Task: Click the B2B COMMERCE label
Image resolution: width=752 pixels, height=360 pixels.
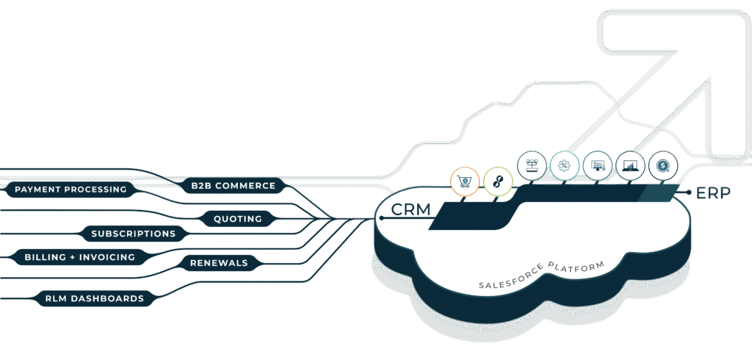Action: click(233, 186)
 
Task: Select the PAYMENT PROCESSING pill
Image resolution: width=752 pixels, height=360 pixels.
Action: click(70, 190)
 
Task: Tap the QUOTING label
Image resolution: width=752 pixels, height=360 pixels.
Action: click(237, 218)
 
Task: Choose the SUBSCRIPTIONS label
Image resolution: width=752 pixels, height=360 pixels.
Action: click(133, 234)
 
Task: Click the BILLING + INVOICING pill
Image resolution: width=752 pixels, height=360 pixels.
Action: click(79, 257)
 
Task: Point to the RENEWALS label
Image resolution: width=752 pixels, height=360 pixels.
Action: click(219, 262)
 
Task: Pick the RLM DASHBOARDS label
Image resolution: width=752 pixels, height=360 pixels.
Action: click(94, 298)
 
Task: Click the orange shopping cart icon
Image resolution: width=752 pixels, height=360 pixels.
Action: click(465, 181)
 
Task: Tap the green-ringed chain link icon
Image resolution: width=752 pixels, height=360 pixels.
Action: click(499, 181)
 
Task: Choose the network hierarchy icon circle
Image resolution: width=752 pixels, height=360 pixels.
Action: click(532, 166)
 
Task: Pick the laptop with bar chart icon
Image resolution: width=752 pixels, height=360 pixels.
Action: click(630, 166)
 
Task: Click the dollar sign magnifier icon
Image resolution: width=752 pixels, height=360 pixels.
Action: click(663, 166)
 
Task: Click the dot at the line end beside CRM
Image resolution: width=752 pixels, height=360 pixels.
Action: click(383, 218)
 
